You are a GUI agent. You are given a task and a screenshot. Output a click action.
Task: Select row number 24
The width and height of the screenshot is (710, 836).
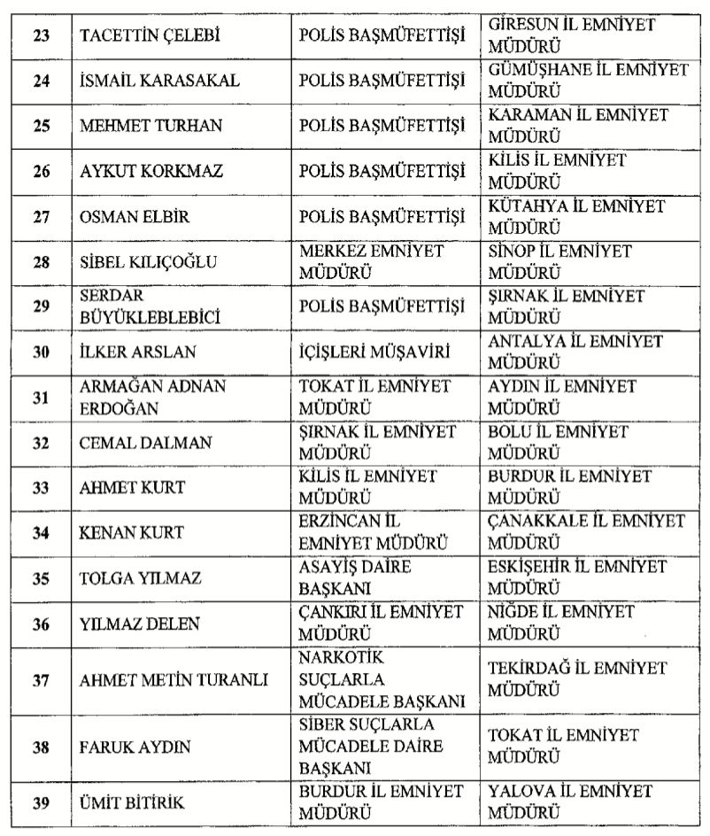click(x=41, y=81)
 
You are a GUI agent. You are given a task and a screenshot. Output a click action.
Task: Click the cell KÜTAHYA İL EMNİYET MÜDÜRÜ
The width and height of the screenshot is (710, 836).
click(x=576, y=215)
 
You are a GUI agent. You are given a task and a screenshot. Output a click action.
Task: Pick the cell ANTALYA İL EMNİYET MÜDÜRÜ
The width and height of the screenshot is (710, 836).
click(x=576, y=352)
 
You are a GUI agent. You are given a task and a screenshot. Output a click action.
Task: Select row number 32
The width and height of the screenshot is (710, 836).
click(x=41, y=443)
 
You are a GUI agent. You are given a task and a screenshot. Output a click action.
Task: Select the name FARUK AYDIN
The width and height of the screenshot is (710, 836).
click(x=121, y=747)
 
